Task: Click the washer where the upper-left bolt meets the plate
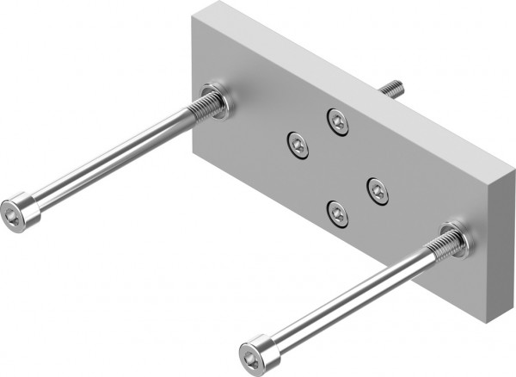[214, 101]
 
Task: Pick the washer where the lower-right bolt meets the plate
[452, 240]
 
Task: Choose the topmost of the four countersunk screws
[337, 122]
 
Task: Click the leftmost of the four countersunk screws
[298, 144]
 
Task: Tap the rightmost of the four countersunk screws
[378, 190]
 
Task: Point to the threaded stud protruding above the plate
[390, 88]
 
